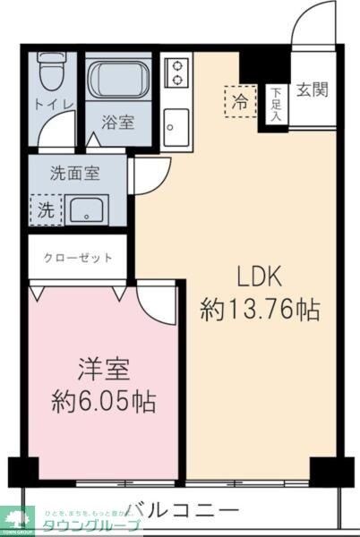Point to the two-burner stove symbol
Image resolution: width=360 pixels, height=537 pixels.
pyautogui.click(x=177, y=72)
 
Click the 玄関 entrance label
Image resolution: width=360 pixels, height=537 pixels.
pyautogui.click(x=312, y=89)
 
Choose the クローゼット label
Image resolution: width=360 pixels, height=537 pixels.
pyautogui.click(x=79, y=258)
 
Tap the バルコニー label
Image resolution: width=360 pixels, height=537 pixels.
pyautogui.click(x=182, y=510)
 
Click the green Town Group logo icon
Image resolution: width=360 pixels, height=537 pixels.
pyautogui.click(x=20, y=516)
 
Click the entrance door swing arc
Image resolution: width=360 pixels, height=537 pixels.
pyautogui.click(x=315, y=20)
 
